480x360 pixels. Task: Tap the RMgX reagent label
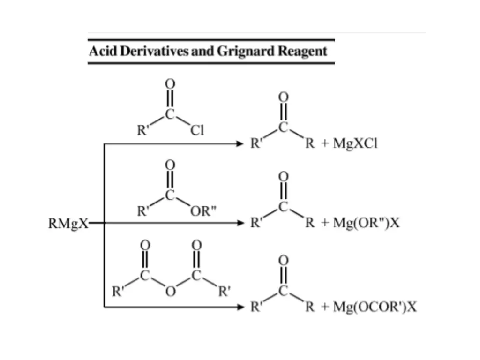pos(68,224)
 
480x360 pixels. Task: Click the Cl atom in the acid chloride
pos(197,131)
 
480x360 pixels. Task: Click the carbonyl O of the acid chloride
pos(170,84)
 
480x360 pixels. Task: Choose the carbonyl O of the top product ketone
pos(283,97)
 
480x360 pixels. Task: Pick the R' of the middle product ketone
pos(256,224)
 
